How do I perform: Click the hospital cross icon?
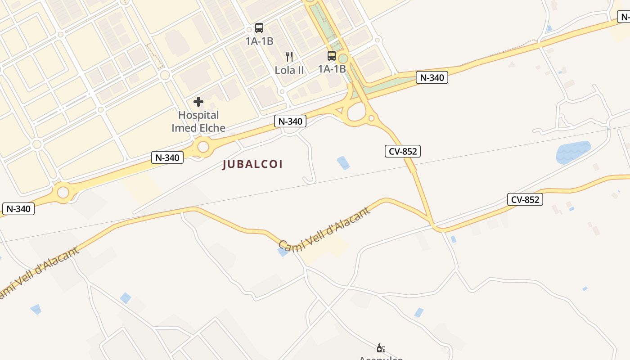[x=198, y=102]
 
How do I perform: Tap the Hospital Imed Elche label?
[x=198, y=121]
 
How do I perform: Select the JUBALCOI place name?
[x=252, y=164]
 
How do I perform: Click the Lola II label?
[x=289, y=70]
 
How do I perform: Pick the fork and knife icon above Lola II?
[x=289, y=57]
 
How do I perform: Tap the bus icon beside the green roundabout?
[x=332, y=56]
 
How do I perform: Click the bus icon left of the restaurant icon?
[x=259, y=28]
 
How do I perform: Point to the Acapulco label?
[x=381, y=358]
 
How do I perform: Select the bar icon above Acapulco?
[x=381, y=348]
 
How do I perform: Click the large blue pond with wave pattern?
[x=572, y=153]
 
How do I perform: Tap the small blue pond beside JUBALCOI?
[x=343, y=162]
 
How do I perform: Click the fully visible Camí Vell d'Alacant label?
[x=324, y=229]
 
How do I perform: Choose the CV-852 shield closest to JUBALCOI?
[x=403, y=151]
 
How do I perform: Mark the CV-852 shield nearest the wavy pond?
[x=525, y=199]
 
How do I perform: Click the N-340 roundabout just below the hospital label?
[x=203, y=147]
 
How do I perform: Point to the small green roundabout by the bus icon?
[x=343, y=58]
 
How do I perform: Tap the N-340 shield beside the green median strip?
[x=432, y=77]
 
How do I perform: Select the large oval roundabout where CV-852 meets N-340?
[x=356, y=113]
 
